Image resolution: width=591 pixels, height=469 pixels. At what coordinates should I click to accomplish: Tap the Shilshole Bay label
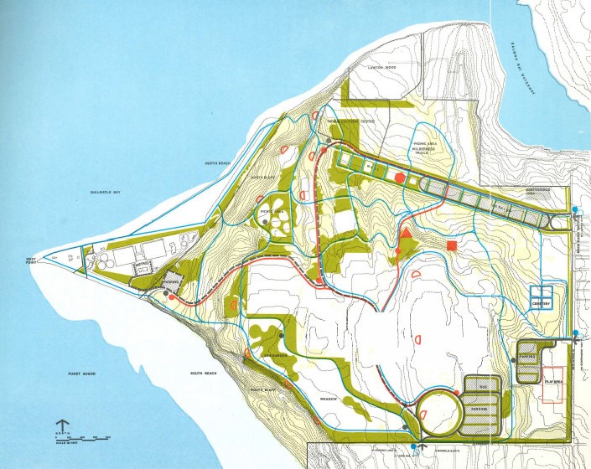click(x=105, y=193)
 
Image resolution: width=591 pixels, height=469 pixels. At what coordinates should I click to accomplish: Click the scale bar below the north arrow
click(x=85, y=438)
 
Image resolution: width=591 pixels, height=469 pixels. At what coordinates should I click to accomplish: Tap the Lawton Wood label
click(x=382, y=67)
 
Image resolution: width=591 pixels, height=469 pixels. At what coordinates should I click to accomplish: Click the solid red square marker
click(x=452, y=245)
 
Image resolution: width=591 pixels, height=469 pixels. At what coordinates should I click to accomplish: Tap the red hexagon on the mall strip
click(x=400, y=177)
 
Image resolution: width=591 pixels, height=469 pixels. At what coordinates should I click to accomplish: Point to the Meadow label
click(x=328, y=399)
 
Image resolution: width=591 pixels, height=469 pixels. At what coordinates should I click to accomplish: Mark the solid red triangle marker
click(x=408, y=233)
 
